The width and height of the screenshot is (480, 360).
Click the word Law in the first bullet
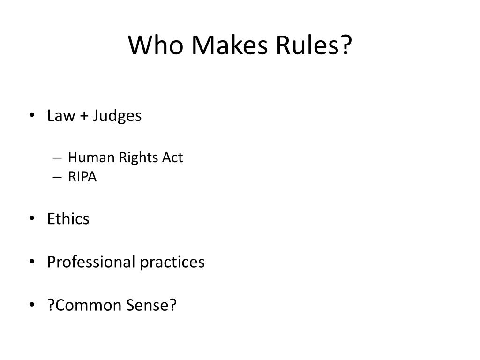[x=58, y=116]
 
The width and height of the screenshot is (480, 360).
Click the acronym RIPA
[x=82, y=177]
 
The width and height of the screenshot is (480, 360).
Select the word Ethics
[x=68, y=219]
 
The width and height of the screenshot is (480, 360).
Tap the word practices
[x=172, y=262]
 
